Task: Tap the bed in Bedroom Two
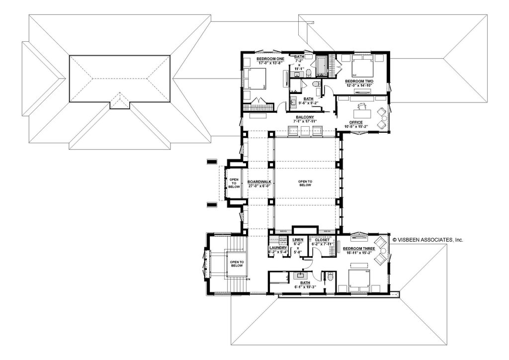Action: click(361, 66)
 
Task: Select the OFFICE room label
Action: click(356, 122)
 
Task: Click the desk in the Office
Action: click(361, 105)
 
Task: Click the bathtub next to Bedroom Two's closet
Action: click(322, 66)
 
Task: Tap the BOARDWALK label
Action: click(259, 182)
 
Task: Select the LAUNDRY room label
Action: click(278, 248)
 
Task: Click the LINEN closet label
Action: click(298, 240)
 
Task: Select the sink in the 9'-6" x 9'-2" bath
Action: click(293, 102)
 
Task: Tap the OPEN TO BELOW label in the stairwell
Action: click(236, 264)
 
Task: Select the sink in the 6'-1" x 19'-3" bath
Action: click(301, 274)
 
